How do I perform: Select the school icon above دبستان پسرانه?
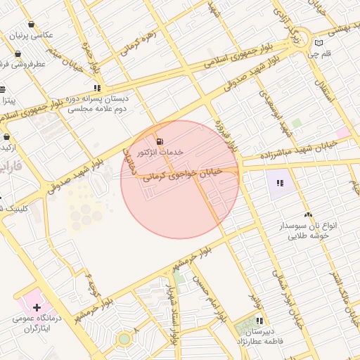[x=96, y=89]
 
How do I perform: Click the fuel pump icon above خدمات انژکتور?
[x=160, y=141]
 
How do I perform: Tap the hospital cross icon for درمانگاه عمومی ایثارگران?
[x=35, y=307]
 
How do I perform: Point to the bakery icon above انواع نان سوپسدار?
[x=307, y=214]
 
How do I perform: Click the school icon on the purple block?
[x=280, y=184]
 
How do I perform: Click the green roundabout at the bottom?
[x=124, y=339]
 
